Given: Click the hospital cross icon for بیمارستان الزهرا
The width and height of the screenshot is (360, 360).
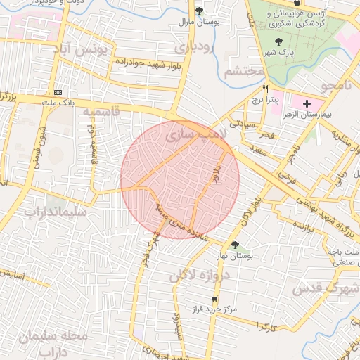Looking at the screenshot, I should [x=306, y=104].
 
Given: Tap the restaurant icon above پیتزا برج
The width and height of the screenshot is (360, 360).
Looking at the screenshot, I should [x=266, y=89].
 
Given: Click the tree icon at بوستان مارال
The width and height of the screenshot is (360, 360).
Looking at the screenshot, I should [x=200, y=11].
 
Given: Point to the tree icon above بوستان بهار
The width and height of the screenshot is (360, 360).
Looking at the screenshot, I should [x=235, y=245].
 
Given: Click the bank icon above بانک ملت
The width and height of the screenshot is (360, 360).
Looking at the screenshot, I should [x=58, y=92].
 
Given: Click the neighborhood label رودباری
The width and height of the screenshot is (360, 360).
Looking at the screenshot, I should [x=193, y=49].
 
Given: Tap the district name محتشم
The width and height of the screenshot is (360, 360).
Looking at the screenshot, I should [x=245, y=72].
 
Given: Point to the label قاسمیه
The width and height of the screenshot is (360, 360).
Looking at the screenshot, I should [x=98, y=112].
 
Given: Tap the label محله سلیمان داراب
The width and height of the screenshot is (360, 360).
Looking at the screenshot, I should [x=54, y=342].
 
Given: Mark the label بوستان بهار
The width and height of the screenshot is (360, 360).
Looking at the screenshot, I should [x=235, y=256].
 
